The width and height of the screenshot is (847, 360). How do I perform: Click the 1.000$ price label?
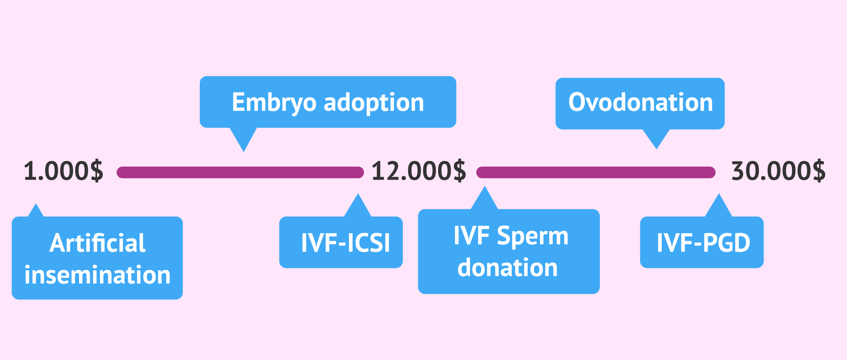point(64,171)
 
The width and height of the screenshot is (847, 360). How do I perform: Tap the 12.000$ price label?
point(419,171)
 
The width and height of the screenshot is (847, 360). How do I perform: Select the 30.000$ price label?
point(779,171)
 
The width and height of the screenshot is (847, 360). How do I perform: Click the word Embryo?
point(274,103)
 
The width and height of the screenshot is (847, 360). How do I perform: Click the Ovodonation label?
point(641,102)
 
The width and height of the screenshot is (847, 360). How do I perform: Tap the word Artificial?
point(97,243)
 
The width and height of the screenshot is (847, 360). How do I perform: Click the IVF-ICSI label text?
point(346,243)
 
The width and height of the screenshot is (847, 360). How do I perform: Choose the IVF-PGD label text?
point(703,243)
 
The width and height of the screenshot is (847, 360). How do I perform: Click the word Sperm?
point(533,236)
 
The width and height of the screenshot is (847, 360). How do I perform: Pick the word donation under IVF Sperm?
point(507,267)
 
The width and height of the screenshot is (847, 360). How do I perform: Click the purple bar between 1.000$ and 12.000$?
point(240,172)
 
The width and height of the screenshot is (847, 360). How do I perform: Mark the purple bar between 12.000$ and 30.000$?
point(596,172)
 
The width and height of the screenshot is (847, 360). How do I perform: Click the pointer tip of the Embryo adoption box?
point(244,152)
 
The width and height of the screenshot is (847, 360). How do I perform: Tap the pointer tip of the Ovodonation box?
point(656,149)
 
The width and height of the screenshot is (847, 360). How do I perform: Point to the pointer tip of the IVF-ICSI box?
point(358,193)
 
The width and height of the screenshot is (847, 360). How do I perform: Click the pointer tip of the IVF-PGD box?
point(719,193)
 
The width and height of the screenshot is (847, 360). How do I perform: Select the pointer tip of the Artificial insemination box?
point(36,203)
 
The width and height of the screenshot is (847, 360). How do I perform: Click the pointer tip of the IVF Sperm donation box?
point(485,186)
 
